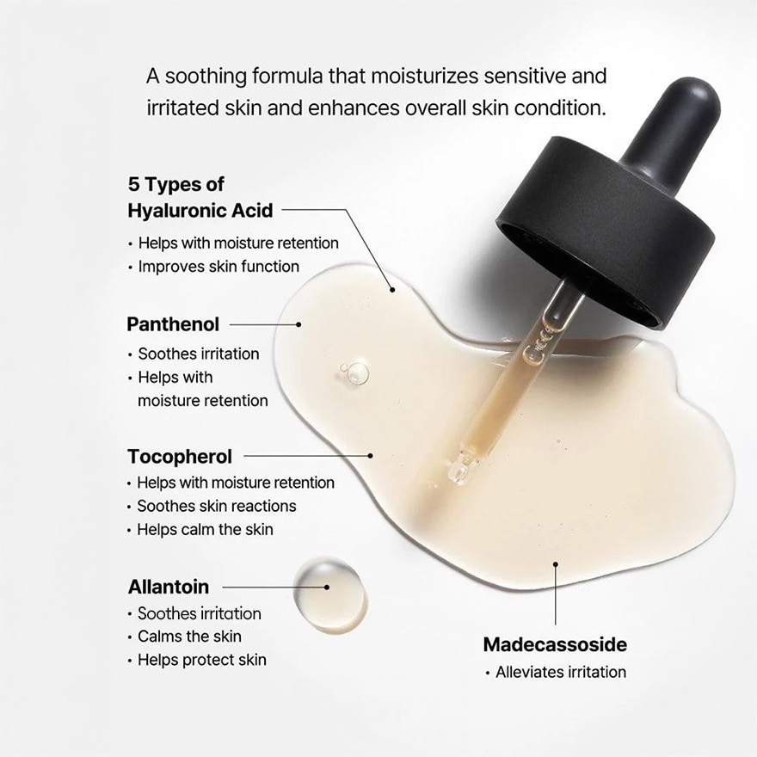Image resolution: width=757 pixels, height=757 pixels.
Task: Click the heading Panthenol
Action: point(173,324)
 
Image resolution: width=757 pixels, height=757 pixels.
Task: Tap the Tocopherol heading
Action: point(180,456)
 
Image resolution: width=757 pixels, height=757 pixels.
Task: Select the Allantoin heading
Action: point(169,588)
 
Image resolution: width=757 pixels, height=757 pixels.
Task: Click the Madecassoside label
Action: point(555,644)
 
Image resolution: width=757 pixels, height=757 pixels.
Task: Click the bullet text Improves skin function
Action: point(218,267)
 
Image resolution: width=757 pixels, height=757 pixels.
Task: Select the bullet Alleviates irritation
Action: point(560,672)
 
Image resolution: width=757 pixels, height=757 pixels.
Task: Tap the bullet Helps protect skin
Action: point(201,660)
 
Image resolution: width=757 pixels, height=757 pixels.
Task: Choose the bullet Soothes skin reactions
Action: point(216,506)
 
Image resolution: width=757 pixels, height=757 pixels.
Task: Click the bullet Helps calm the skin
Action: point(205,529)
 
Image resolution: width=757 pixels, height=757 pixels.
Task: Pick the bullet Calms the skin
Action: point(189,637)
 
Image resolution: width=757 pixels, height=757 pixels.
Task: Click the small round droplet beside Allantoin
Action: point(330,594)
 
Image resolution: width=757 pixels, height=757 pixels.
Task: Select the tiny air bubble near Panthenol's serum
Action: point(354,372)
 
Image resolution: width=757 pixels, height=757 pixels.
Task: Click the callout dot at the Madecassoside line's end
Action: point(556,564)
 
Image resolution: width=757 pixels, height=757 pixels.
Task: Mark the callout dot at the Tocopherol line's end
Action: point(371,456)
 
